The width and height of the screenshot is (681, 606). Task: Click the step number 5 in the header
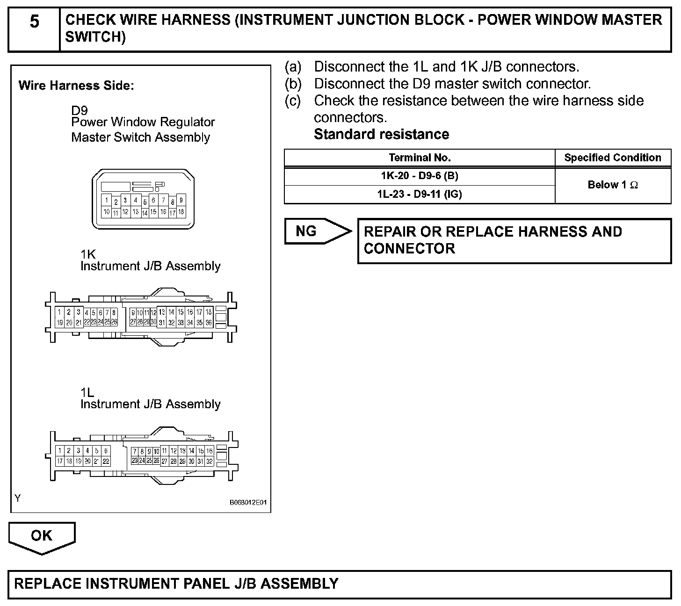pos(34,22)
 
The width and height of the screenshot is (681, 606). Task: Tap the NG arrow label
pos(307,231)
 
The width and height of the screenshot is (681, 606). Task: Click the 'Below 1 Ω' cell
pos(613,185)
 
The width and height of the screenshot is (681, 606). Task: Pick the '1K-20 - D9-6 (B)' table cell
pos(419,176)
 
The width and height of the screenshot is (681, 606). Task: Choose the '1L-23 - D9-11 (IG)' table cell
pos(419,194)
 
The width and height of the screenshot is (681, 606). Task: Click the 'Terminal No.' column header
pos(419,158)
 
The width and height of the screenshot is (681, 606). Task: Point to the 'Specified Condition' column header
pos(613,158)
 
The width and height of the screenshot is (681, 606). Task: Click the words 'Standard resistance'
pos(381,134)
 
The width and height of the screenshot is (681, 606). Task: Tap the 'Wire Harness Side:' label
pos(76,86)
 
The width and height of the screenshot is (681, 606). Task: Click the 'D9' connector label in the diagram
pos(79,111)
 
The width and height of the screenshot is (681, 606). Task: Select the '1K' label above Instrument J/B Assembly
pos(88,254)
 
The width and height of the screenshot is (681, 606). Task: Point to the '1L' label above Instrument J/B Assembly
pos(87,392)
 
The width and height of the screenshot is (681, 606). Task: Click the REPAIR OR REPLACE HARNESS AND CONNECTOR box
pos(514,240)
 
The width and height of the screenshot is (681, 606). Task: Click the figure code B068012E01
pos(248,503)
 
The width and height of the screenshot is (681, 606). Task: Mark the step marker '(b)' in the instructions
pos(293,84)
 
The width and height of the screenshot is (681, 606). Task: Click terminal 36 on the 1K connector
pos(209,323)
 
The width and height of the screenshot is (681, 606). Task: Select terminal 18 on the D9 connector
pos(181,212)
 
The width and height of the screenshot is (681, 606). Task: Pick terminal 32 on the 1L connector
pos(210,461)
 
